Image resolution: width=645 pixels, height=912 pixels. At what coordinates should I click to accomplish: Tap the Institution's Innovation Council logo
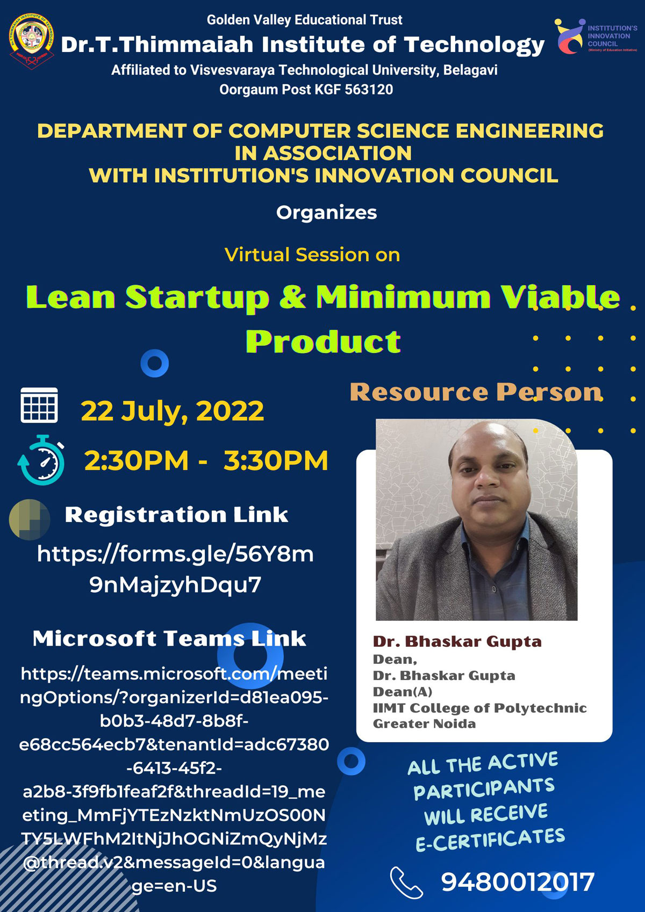[x=596, y=36]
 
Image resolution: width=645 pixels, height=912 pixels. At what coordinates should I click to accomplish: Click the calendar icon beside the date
[x=39, y=405]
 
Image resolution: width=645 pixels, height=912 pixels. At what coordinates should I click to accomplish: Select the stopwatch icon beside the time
[x=41, y=460]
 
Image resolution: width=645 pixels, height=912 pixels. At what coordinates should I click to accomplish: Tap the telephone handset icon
[x=406, y=882]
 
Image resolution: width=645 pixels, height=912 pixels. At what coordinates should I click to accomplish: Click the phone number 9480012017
[x=518, y=882]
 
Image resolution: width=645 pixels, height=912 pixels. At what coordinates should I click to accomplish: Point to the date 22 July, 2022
[x=173, y=411]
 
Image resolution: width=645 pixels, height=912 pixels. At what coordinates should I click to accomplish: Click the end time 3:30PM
[x=276, y=460]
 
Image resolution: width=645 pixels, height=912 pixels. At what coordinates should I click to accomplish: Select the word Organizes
[x=326, y=213]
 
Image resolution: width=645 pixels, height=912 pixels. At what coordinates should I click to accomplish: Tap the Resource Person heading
[x=476, y=392]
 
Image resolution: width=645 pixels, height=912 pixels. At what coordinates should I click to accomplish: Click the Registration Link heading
[x=176, y=515]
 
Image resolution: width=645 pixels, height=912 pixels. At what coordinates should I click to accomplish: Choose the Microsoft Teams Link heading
[x=169, y=639]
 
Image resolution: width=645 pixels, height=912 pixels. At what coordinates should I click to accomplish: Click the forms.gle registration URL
[x=176, y=569]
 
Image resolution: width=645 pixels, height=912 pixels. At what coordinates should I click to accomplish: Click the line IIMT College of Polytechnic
[x=479, y=708]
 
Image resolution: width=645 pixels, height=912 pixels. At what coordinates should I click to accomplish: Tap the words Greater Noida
[x=424, y=724]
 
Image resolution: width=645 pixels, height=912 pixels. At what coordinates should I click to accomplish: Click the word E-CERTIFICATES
[x=490, y=840]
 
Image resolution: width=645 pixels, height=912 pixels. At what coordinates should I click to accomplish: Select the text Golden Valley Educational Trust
[x=304, y=20]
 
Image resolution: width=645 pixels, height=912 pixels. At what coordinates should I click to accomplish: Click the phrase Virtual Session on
[x=312, y=255]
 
